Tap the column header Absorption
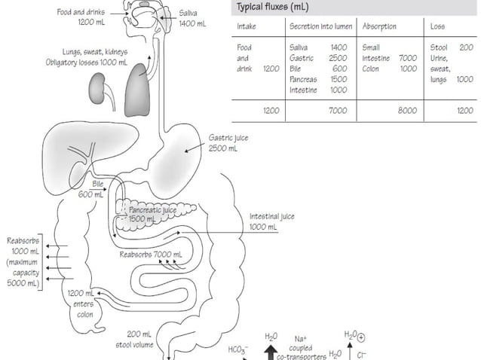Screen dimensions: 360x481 click(380, 26)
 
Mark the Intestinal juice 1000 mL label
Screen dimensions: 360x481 click(271, 221)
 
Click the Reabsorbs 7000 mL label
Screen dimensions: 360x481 click(151, 255)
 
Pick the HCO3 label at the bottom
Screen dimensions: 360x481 click(238, 349)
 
